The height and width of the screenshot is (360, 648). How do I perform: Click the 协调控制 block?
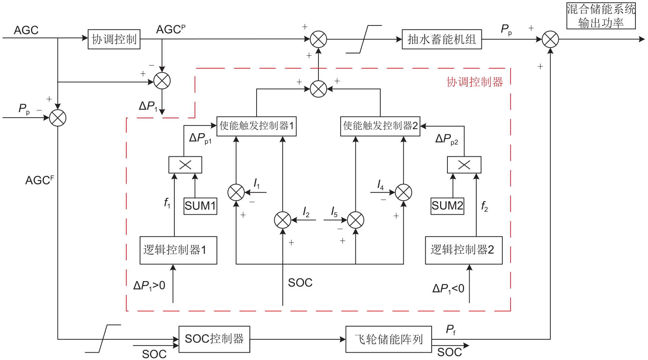coord(114,39)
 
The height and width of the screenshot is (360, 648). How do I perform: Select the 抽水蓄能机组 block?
coord(442,39)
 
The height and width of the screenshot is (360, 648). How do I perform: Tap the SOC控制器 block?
coord(214,339)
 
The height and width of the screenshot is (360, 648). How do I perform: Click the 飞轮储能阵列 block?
coord(389,339)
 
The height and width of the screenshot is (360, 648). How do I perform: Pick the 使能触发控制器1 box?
coord(257,126)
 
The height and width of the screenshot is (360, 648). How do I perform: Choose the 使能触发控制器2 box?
coord(380,126)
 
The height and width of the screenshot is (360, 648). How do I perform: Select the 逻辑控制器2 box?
coord(464,250)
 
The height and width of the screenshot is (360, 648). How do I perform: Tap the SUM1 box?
coord(200,206)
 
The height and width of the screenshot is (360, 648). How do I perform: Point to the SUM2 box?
coord(447,206)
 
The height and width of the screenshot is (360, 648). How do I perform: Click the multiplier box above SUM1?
coord(185,165)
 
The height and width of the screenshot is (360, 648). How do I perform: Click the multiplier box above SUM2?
coord(464,165)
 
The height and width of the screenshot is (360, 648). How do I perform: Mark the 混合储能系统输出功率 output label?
coord(601,16)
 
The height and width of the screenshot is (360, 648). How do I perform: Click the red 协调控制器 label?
coord(475,82)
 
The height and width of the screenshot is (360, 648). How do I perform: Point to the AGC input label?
coord(26,30)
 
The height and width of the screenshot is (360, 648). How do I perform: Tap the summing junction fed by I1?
coord(236,192)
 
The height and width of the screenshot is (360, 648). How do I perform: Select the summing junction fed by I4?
coord(403,192)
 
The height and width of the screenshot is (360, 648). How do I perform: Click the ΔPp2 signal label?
coord(446,139)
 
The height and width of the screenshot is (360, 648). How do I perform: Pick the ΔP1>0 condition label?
coord(149,285)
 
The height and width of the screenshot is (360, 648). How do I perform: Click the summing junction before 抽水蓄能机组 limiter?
coord(318,39)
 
